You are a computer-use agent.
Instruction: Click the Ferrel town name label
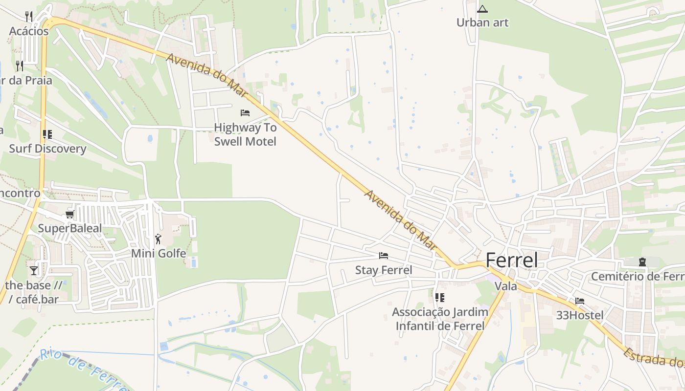click(x=512, y=261)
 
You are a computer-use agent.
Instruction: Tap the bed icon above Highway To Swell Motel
click(x=245, y=113)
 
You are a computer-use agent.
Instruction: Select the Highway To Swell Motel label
click(x=245, y=134)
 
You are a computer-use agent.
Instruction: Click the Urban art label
click(x=482, y=22)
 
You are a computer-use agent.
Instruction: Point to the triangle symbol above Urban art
click(x=482, y=9)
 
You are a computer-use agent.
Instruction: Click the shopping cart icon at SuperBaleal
click(x=70, y=215)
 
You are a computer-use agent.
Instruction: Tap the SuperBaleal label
click(x=70, y=228)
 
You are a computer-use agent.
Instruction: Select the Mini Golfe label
click(x=159, y=253)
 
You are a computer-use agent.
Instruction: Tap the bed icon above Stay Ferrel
click(x=384, y=256)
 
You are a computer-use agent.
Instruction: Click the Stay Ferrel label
click(x=384, y=270)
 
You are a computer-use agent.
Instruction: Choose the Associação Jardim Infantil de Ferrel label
click(x=440, y=319)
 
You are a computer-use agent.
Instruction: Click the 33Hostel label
click(x=580, y=315)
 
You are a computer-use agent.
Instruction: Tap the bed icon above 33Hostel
click(x=580, y=301)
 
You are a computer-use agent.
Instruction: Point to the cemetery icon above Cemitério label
click(x=642, y=262)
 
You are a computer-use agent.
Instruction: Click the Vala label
click(x=506, y=286)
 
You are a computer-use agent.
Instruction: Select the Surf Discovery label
click(x=47, y=149)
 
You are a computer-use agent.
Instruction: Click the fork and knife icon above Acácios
click(x=29, y=17)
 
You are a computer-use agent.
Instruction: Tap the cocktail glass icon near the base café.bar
click(x=34, y=270)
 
